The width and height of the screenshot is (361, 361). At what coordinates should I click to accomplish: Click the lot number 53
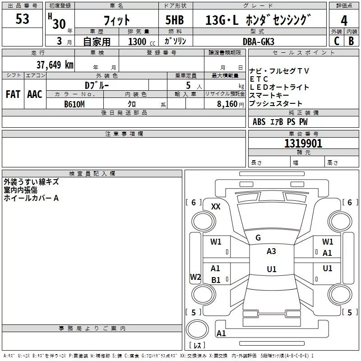22,19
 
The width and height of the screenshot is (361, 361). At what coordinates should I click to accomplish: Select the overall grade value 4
344,20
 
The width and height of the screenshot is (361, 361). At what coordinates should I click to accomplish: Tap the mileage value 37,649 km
55,65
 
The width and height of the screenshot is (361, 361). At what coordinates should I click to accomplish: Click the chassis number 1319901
303,143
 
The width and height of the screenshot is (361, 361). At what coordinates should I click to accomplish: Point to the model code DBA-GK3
259,42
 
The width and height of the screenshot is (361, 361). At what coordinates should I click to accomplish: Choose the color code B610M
74,104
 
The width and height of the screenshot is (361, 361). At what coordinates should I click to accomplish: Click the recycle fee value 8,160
227,104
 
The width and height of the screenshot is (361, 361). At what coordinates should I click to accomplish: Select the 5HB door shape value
175,20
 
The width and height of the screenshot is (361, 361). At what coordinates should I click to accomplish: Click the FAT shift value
13,94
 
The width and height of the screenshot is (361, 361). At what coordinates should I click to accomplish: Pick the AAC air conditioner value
35,94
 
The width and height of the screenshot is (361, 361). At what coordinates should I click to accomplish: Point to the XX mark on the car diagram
216,207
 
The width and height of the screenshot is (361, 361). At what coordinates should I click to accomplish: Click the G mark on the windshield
258,238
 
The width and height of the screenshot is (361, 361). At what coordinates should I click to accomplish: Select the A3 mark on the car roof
271,251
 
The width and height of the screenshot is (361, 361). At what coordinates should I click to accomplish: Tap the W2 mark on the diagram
195,277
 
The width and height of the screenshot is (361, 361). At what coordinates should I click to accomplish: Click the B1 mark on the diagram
216,280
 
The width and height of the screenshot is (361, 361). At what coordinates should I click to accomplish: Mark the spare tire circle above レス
197,329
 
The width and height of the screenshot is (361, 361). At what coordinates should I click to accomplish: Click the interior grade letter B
351,41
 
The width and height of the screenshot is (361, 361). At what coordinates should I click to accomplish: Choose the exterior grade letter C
337,41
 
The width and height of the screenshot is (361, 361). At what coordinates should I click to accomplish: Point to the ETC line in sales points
259,79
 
